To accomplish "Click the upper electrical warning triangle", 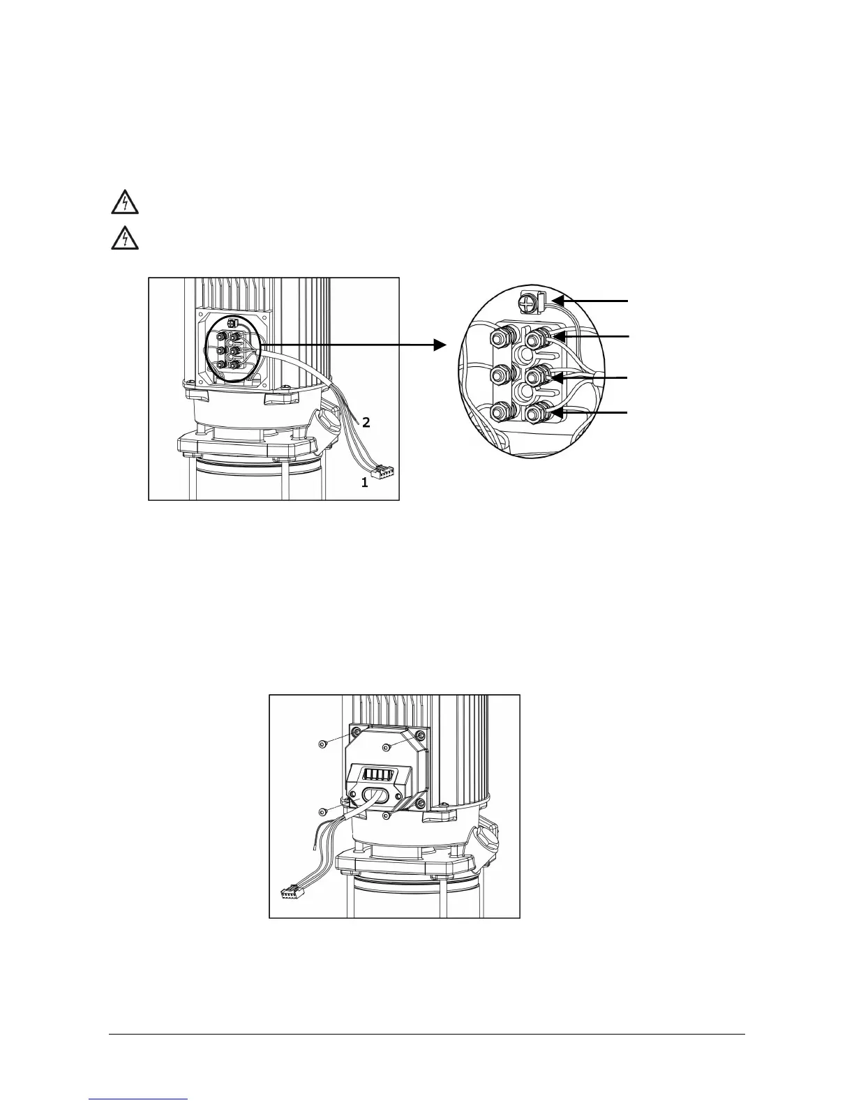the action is coord(125,203).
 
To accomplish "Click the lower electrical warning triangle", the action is coord(125,239).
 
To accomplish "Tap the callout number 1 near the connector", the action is coord(364,482).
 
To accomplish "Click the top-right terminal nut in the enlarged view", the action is coord(535,340).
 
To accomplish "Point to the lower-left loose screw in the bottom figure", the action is coord(323,811).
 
